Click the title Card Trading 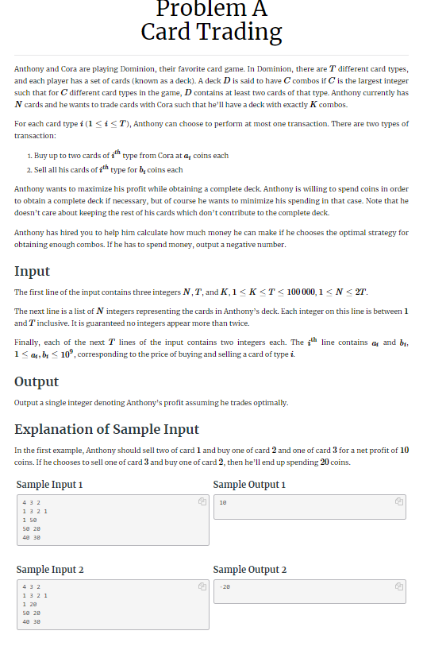pyautogui.click(x=211, y=32)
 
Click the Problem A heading pyautogui.click(x=211, y=9)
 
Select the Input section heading pyautogui.click(x=32, y=271)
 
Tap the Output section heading pyautogui.click(x=37, y=382)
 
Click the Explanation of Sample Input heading pyautogui.click(x=106, y=429)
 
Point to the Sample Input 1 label pyautogui.click(x=49, y=484)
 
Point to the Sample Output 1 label pyautogui.click(x=249, y=484)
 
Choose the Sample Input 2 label pyautogui.click(x=50, y=569)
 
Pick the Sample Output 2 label pyautogui.click(x=250, y=569)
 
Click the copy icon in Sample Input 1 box pyautogui.click(x=202, y=502)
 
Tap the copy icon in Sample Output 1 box pyautogui.click(x=398, y=502)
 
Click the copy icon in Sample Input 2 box pyautogui.click(x=202, y=587)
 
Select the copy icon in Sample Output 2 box pyautogui.click(x=398, y=587)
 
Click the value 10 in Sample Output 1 pyautogui.click(x=223, y=503)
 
